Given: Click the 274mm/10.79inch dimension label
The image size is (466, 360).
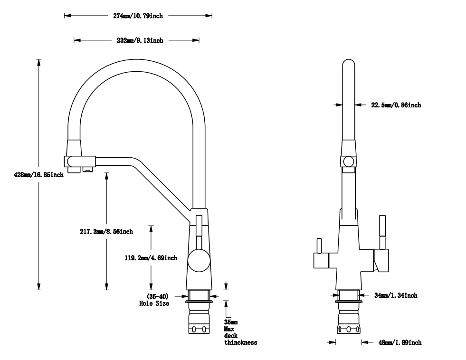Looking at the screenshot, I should tap(138, 16).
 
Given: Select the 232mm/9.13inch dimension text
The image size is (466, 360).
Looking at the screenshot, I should tap(140, 40).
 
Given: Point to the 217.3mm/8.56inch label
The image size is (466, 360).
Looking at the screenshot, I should tap(106, 232).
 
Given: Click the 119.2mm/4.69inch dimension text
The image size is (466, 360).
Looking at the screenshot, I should tap(151, 258).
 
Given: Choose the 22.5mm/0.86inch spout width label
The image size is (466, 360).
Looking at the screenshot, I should tap(396, 105).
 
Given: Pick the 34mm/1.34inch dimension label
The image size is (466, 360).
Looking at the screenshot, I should tap(395, 295).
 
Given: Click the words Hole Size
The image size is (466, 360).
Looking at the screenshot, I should tap(154, 303).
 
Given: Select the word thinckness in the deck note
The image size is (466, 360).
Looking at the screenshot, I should tap(240, 342).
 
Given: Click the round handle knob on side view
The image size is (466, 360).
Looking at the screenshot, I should tap(198, 260).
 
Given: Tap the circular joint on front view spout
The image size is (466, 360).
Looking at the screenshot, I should tap(349, 161).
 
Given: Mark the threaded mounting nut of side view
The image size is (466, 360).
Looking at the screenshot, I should tap(200, 323).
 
